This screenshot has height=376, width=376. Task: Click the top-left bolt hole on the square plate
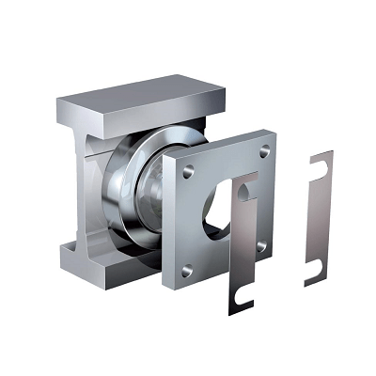pyautogui.click(x=187, y=172)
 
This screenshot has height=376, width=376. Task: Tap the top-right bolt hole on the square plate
pyautogui.click(x=264, y=150)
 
